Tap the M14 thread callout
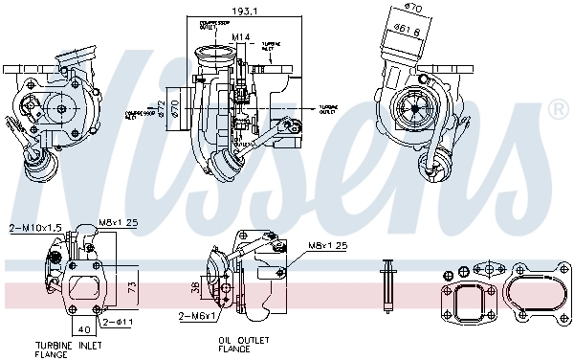point(242,37)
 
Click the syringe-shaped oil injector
point(387,284)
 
